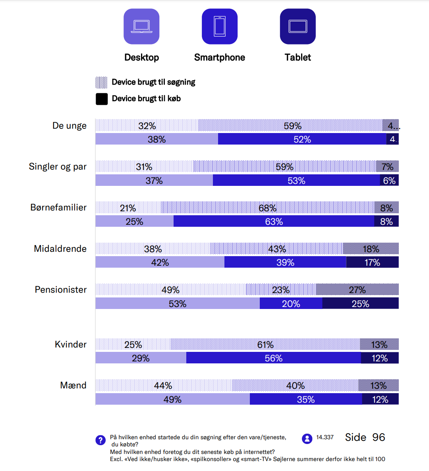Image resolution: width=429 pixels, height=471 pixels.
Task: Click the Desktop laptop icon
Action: tap(141, 27)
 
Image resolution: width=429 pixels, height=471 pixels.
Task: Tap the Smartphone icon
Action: tap(220, 27)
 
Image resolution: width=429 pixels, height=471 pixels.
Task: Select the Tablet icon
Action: tap(298, 27)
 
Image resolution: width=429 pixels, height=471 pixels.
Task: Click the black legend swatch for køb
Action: tap(102, 99)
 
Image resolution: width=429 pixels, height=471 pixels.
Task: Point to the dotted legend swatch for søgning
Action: tap(101, 82)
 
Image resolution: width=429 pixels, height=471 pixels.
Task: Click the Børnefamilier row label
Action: tap(58, 207)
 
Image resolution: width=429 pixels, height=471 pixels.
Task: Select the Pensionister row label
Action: tap(61, 290)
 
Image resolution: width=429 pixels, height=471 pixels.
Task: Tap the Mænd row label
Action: tap(73, 385)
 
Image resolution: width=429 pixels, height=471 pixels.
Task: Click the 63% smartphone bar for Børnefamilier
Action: tap(274, 221)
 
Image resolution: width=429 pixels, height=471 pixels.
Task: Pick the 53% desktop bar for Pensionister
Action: tap(177, 303)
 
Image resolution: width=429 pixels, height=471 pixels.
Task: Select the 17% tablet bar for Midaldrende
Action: tap(372, 262)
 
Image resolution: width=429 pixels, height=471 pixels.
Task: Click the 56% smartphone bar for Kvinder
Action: tap(273, 358)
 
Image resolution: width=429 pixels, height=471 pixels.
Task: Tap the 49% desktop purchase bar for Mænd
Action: tap(172, 399)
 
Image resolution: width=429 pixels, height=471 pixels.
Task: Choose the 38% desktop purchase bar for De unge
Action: tap(157, 139)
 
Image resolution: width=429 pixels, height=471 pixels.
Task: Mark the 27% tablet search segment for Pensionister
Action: tap(357, 290)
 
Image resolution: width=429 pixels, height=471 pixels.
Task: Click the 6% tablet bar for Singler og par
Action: tap(389, 180)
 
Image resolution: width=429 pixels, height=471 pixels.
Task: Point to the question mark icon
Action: tap(100, 440)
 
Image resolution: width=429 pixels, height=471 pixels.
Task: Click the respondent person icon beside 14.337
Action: tap(307, 438)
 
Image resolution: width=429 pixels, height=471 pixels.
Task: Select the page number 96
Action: tap(379, 437)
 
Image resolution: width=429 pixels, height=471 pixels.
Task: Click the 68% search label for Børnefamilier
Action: tap(267, 208)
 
